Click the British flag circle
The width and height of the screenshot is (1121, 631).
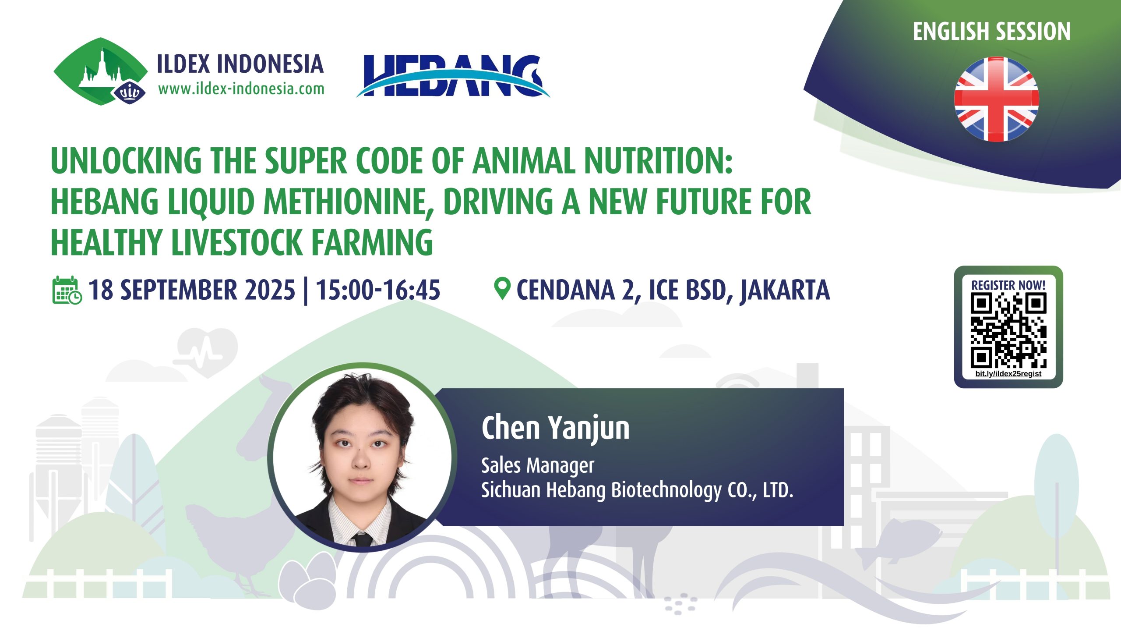[996, 99]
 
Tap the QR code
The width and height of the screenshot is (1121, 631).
[1008, 330]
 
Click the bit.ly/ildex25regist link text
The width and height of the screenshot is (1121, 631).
[1008, 374]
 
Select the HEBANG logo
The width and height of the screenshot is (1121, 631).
[453, 75]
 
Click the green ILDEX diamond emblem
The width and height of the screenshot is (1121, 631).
[101, 71]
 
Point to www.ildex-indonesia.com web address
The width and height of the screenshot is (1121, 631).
[241, 89]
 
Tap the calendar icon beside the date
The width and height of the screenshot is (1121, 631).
[67, 290]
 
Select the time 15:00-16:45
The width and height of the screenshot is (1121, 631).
[378, 290]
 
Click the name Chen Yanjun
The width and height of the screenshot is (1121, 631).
[555, 428]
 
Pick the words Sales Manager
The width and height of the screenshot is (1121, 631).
[538, 465]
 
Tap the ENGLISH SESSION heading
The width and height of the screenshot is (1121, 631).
[992, 32]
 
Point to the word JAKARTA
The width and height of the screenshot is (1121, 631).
[785, 290]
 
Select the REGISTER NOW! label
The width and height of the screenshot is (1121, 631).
[1008, 285]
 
